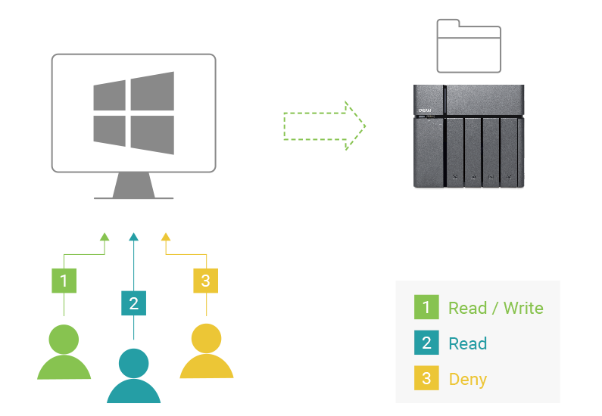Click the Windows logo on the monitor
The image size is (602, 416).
click(133, 113)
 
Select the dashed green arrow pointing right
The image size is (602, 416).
click(324, 126)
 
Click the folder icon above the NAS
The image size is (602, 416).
click(469, 46)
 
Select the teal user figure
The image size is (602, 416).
click(134, 376)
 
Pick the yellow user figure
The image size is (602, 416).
click(206, 352)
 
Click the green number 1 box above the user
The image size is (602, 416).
click(64, 281)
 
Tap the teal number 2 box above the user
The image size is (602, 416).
click(134, 303)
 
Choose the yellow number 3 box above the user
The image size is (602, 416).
click(205, 281)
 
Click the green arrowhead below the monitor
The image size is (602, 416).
click(104, 236)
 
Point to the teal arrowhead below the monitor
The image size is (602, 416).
click(134, 236)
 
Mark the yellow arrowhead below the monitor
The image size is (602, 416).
click(166, 236)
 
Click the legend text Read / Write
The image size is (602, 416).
click(495, 308)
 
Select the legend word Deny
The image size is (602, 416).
click(467, 379)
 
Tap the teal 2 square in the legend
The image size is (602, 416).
click(426, 343)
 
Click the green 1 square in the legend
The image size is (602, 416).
click(426, 307)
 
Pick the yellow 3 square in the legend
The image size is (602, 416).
click(426, 378)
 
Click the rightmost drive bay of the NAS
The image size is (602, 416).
click(510, 151)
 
